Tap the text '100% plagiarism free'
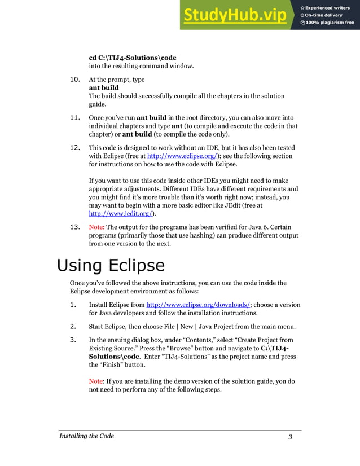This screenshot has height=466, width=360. click(x=330, y=23)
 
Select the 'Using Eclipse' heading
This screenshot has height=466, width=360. click(x=111, y=265)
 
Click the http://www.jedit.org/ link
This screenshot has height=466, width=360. click(x=122, y=214)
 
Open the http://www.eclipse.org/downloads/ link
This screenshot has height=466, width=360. click(x=198, y=305)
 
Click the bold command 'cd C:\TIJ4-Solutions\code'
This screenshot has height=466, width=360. click(x=133, y=58)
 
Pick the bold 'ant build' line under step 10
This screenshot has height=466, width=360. click(x=104, y=88)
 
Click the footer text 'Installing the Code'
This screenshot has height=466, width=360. click(x=87, y=436)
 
